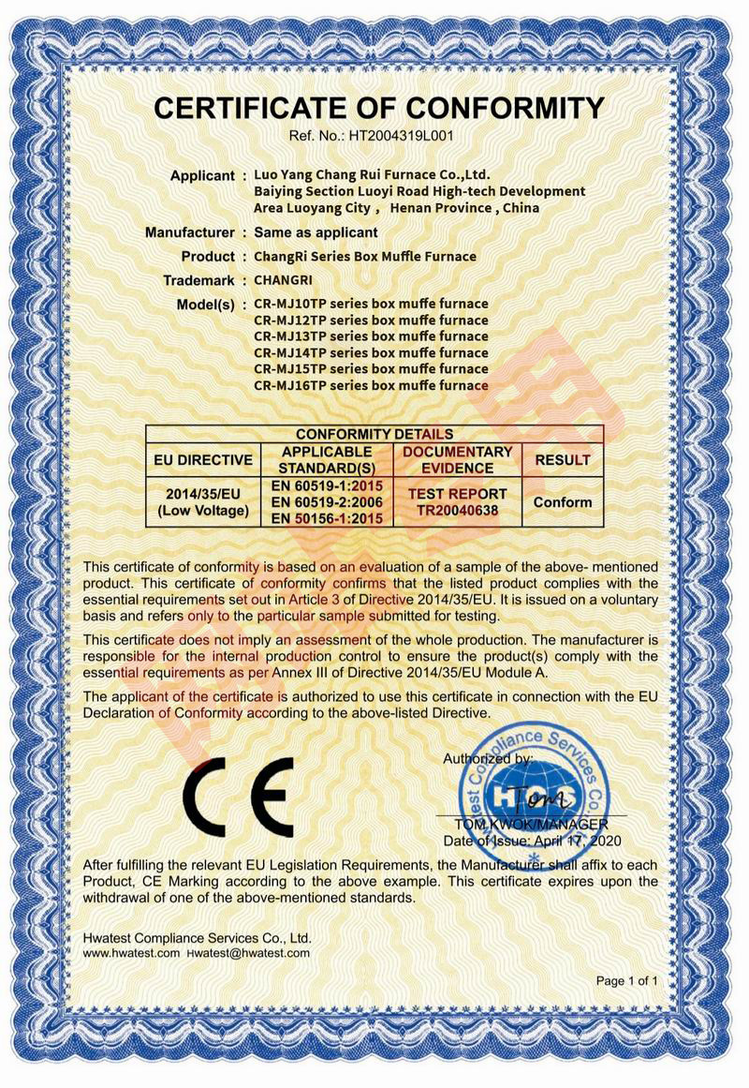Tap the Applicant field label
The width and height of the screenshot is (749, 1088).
[202, 175]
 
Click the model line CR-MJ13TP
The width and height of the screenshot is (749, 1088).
[371, 336]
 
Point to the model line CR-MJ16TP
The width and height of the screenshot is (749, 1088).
[371, 384]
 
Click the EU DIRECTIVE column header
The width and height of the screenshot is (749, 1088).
[202, 459]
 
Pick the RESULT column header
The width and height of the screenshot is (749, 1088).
[562, 459]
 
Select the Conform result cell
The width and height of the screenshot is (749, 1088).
[562, 501]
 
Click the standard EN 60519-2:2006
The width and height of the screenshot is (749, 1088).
[327, 501]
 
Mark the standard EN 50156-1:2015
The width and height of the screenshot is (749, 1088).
[327, 517]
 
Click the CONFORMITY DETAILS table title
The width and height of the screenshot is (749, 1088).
[374, 434]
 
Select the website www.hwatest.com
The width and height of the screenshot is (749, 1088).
[131, 952]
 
